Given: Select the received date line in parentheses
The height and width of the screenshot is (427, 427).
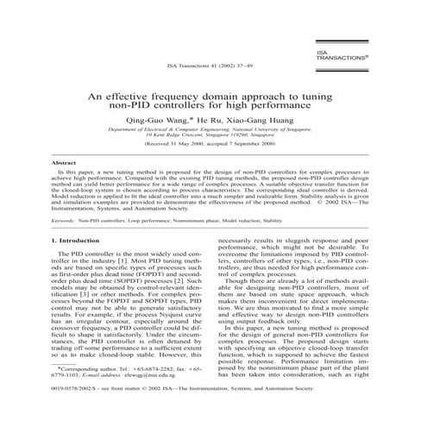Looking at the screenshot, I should (x=214, y=147).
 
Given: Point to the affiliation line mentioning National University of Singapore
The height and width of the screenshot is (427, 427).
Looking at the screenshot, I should (x=214, y=129).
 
